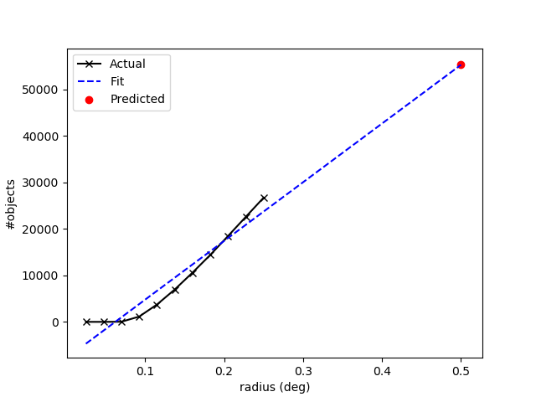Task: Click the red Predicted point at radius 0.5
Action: coord(461,64)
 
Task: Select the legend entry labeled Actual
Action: coord(127,64)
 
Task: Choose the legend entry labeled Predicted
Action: coord(137,99)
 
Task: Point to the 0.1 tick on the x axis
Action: coord(146,369)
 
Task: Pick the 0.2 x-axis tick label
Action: coord(224,369)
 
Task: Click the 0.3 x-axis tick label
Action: coord(303,369)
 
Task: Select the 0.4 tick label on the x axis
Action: coord(382,369)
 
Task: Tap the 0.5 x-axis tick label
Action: coord(461,369)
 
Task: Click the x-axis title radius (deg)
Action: coord(275,386)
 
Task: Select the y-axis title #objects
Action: coord(12,204)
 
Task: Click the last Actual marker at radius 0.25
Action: coord(264,198)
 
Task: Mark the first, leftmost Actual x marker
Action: coord(86,322)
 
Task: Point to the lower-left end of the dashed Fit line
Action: coord(86,343)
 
